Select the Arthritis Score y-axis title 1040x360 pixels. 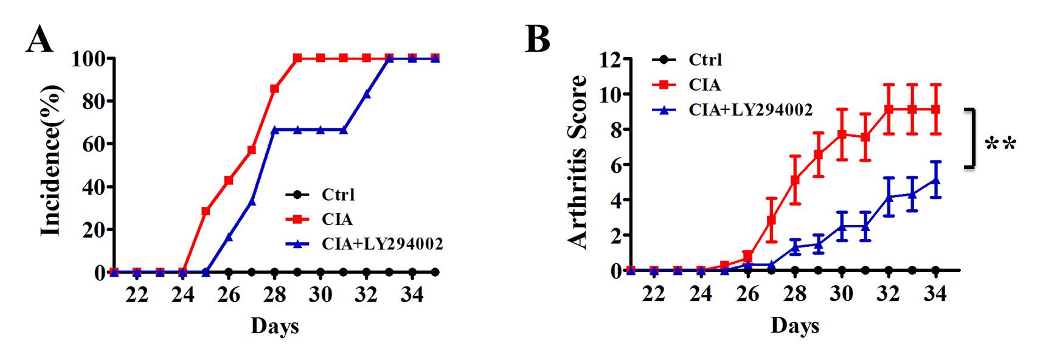[578, 161]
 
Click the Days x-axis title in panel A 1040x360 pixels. [274, 326]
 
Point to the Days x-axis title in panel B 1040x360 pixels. [794, 326]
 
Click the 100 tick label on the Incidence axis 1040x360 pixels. [89, 59]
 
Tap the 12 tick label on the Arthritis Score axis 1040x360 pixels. [609, 60]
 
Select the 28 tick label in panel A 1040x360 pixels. [274, 295]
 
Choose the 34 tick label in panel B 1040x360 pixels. [935, 294]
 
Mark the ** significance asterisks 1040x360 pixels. [1000, 145]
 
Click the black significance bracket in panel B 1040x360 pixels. [972, 137]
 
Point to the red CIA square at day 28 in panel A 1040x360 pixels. [274, 89]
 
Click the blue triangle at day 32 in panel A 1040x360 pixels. [366, 94]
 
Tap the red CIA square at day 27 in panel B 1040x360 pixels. [771, 220]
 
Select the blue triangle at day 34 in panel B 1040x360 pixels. [935, 180]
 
